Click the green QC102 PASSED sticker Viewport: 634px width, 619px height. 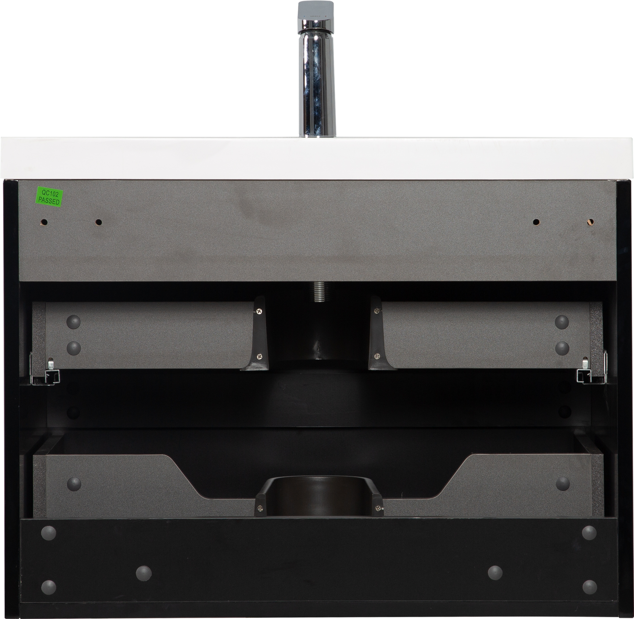(49, 196)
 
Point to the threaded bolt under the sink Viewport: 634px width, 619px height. (319, 292)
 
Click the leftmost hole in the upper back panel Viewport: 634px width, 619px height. (44, 222)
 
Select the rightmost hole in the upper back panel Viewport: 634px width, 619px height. (590, 222)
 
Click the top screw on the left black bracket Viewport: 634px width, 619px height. (259, 311)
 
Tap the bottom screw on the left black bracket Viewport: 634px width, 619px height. (260, 356)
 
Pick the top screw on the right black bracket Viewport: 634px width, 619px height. (377, 311)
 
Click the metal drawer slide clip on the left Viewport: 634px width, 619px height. (46, 372)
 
